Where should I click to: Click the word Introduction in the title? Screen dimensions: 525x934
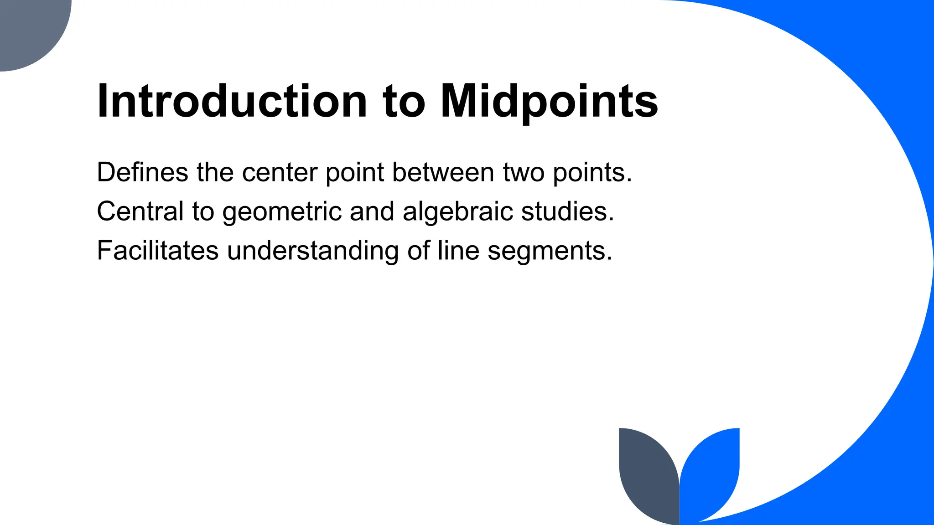coord(232,101)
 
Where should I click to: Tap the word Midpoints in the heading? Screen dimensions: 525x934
coord(549,102)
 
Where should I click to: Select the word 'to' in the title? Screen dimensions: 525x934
coord(404,102)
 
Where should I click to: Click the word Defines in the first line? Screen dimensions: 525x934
coord(142,172)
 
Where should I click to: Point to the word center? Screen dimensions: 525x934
coord(280,173)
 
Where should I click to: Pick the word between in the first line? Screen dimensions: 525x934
coord(443,172)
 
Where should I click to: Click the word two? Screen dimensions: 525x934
coord(524,173)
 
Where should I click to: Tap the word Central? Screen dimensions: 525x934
coord(140,211)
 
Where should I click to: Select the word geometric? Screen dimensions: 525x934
coord(282,212)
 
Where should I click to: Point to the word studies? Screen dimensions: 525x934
coord(567,211)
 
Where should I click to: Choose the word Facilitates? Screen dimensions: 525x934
coord(157,251)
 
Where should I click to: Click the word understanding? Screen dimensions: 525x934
coord(313,252)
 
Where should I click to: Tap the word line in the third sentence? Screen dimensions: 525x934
coord(458,251)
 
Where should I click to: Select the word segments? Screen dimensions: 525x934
coord(550,252)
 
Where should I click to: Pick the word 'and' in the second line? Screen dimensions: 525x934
coord(372,211)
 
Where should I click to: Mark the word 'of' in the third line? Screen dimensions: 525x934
coord(418,251)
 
